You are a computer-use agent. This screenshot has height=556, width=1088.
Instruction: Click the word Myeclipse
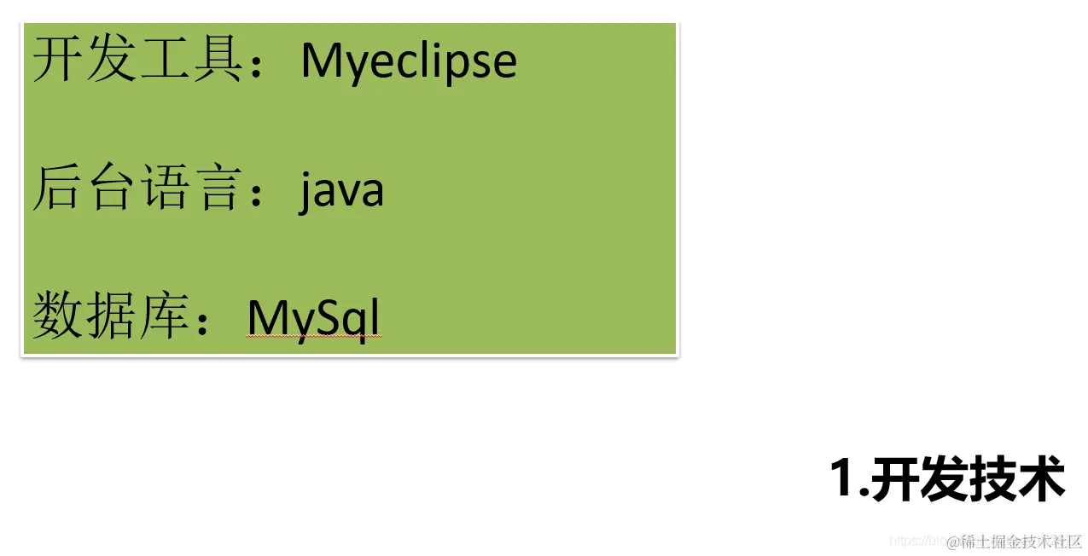pyautogui.click(x=409, y=61)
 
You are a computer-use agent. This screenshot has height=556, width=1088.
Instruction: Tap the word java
pyautogui.click(x=341, y=190)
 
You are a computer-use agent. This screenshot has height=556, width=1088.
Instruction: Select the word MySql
pyautogui.click(x=312, y=318)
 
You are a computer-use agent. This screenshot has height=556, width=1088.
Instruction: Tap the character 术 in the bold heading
pyautogui.click(x=1040, y=479)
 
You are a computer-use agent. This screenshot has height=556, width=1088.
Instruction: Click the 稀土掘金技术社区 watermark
pyautogui.click(x=1021, y=542)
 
